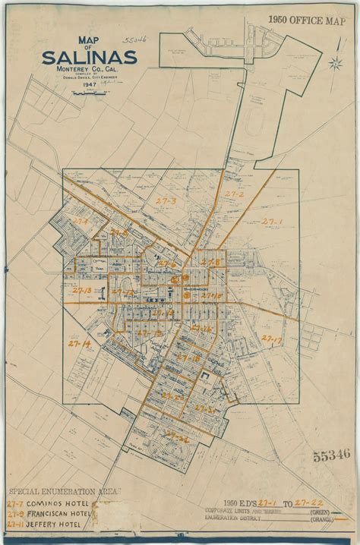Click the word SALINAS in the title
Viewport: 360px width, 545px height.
click(x=90, y=58)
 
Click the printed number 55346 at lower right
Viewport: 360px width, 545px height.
click(x=331, y=457)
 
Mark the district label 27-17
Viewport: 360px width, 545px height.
click(x=271, y=339)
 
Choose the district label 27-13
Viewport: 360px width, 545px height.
click(x=82, y=291)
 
